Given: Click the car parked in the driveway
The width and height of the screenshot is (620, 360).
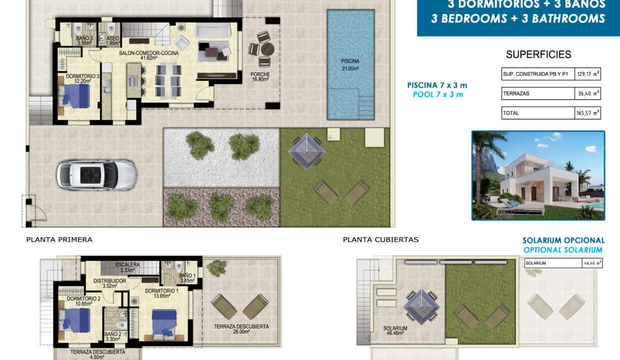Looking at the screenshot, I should (x=96, y=174).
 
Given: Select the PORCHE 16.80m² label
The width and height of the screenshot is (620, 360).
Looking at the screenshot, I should (x=260, y=76).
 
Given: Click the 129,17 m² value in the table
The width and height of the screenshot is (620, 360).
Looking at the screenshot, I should (x=587, y=74).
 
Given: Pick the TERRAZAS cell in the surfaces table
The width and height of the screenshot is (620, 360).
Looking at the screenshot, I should (x=537, y=93).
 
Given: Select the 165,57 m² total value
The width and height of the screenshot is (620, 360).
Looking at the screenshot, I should (x=587, y=113).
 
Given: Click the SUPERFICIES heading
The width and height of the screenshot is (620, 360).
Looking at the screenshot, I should (x=538, y=55).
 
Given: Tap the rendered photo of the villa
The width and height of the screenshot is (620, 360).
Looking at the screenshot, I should (x=538, y=175).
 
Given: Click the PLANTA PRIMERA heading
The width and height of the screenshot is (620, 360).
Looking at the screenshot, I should (x=59, y=239).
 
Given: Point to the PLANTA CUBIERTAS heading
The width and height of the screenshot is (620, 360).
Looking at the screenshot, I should (x=380, y=239).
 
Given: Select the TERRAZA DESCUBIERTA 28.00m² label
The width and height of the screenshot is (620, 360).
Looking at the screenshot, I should (x=241, y=329).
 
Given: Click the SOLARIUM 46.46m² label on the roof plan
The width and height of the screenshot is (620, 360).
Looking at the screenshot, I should (x=395, y=331).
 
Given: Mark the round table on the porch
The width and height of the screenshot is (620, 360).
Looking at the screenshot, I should (x=267, y=49).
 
